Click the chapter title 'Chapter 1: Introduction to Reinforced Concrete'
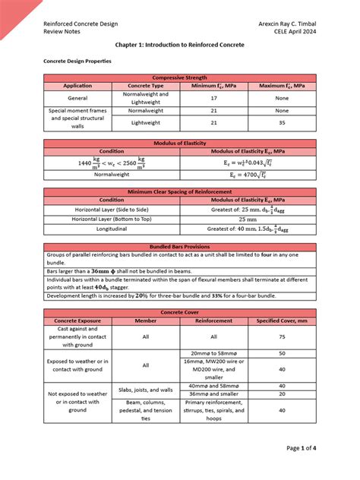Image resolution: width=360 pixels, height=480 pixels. tap(180, 45)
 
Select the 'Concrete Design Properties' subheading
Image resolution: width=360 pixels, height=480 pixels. tap(77, 61)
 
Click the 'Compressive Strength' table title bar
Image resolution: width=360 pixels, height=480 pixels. tap(180, 78)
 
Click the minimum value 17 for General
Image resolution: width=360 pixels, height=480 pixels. tap(213, 98)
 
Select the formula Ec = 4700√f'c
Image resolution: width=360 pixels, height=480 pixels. tap(248, 174)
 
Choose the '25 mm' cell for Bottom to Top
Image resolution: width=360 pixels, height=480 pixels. tap(248, 218)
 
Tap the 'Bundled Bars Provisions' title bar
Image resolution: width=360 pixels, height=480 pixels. tap(180, 247)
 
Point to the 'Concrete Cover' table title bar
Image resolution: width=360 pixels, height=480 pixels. tap(180, 312)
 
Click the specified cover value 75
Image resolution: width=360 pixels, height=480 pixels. tap(282, 336)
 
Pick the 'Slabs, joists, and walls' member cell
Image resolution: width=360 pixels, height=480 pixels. tap(146, 390)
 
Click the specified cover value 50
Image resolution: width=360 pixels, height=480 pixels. tap(282, 353)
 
